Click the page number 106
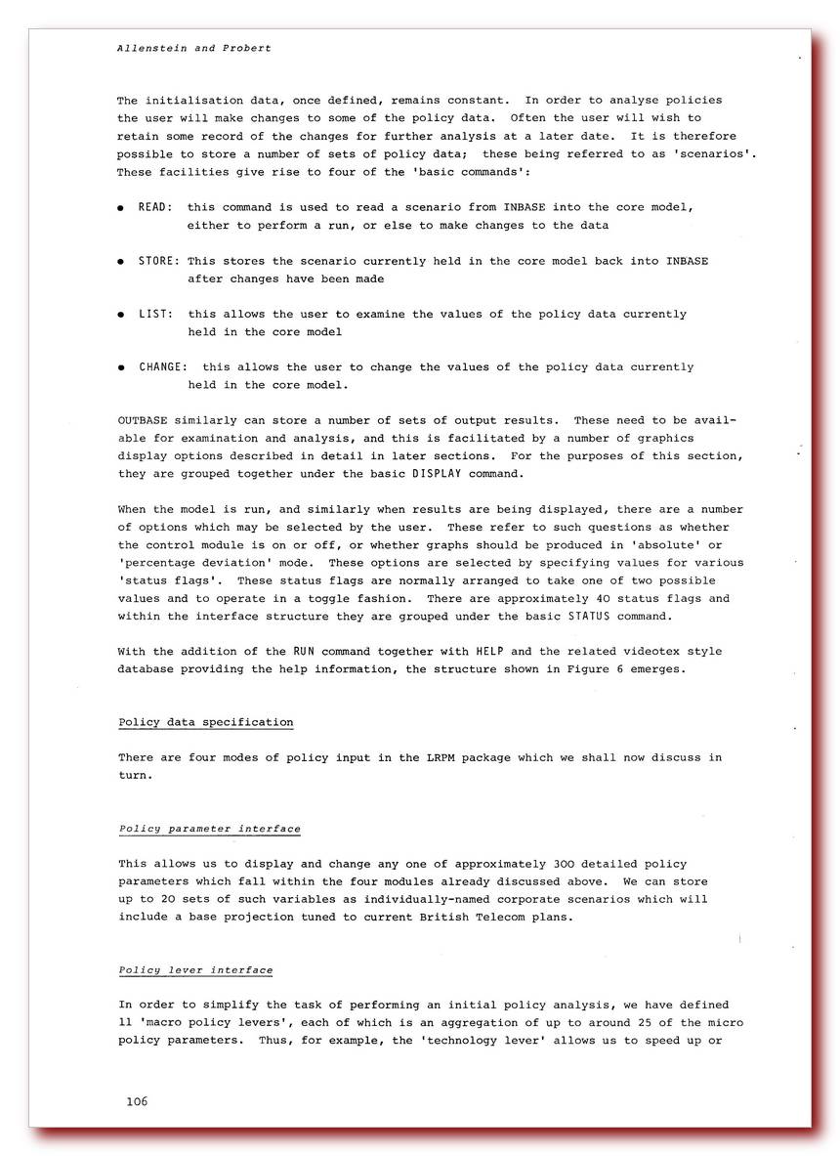coord(137,1101)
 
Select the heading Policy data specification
coord(205,722)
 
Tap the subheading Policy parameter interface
coord(209,829)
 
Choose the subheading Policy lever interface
coord(195,970)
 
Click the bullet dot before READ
coord(121,208)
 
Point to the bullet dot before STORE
coord(121,262)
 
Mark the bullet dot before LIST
coord(121,315)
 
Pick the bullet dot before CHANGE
coord(121,368)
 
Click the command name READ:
coord(156,207)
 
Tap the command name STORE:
coord(159,261)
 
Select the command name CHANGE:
coord(163,367)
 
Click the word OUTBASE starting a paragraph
coord(143,420)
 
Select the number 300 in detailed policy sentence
coord(567,864)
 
